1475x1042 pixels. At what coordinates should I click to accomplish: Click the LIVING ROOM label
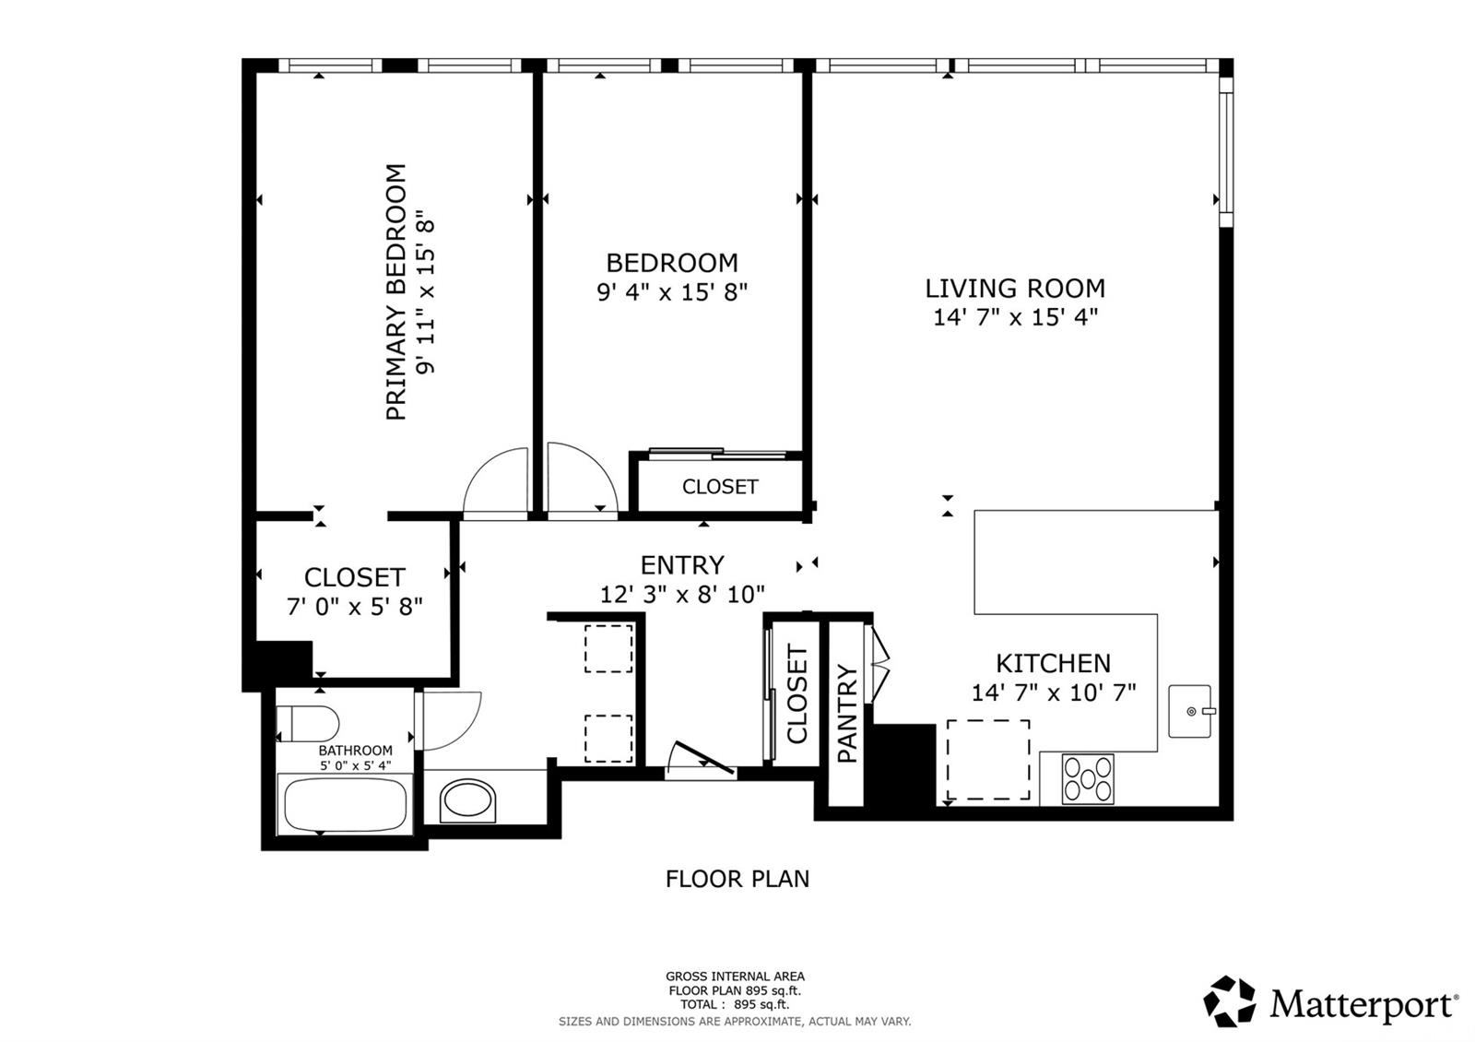tap(1015, 289)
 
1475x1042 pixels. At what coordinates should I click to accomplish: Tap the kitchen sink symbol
tap(1191, 711)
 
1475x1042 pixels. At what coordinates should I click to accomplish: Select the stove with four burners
tap(1088, 778)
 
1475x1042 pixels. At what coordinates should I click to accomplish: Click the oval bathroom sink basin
tap(468, 800)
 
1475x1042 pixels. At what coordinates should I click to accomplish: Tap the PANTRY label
tap(846, 714)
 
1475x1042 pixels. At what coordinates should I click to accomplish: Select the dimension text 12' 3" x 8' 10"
tap(682, 595)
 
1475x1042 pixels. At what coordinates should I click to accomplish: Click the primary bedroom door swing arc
tap(496, 482)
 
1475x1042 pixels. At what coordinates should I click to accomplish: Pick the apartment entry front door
tap(701, 759)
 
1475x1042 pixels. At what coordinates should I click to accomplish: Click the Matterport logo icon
tap(1230, 1001)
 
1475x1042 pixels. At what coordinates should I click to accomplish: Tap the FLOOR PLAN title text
tap(737, 879)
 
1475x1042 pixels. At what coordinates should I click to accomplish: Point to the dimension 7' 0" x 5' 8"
tap(355, 607)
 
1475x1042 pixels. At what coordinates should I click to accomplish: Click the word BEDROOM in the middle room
tap(672, 263)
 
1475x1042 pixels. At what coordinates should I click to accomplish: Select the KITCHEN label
tap(1053, 663)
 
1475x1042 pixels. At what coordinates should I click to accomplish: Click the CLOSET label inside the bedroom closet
tap(720, 487)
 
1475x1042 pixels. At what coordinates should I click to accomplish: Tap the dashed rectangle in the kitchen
tap(988, 760)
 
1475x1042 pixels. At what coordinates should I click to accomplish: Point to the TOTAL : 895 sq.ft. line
tap(735, 1004)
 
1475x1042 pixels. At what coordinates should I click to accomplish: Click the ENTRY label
tap(682, 564)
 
